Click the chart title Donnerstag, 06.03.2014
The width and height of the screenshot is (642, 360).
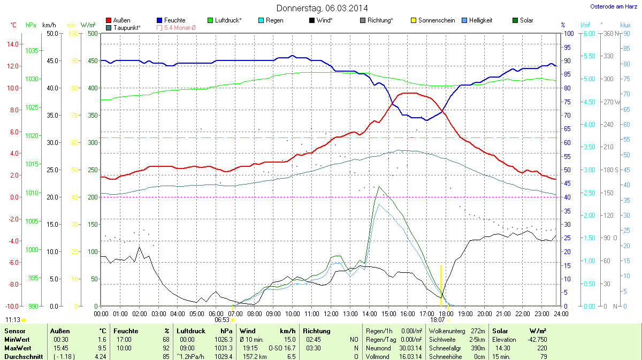tap(322, 8)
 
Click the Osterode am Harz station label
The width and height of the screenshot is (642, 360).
tap(609, 6)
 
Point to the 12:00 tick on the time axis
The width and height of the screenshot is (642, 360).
tap(331, 313)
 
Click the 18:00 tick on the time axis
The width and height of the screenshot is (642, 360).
tap(446, 313)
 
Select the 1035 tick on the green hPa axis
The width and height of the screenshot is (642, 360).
tap(32, 51)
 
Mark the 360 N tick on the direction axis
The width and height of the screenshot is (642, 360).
tap(609, 34)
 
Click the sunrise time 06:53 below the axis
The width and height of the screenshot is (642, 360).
tap(222, 319)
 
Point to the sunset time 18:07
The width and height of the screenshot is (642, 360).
tap(438, 319)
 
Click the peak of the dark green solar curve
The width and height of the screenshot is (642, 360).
tap(379, 187)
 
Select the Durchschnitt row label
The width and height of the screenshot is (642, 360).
tap(24, 356)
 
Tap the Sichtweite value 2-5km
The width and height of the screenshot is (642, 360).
tap(477, 340)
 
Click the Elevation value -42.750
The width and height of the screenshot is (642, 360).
tap(537, 340)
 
